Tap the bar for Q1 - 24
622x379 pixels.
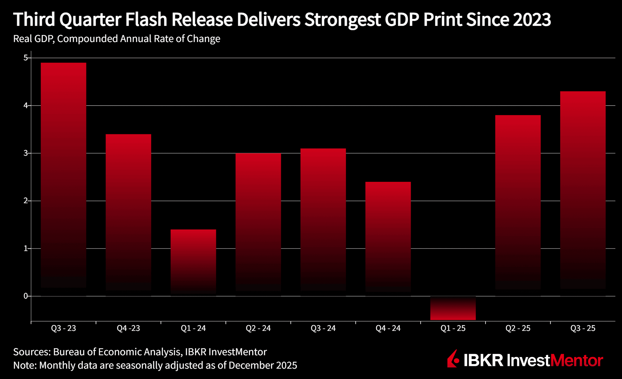(193, 262)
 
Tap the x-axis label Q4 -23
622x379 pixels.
(128, 328)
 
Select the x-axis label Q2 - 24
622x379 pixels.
(258, 328)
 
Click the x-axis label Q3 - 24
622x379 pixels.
(323, 328)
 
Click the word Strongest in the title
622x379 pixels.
(342, 20)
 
